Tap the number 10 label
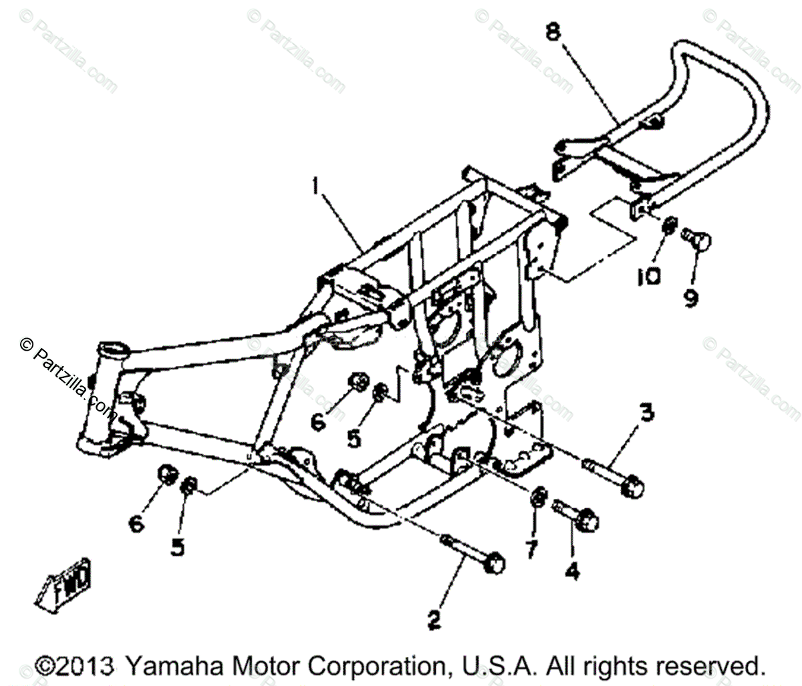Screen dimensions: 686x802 tap(647, 275)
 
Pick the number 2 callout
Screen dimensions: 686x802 tap(434, 621)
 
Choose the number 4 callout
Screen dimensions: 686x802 tap(573, 570)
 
